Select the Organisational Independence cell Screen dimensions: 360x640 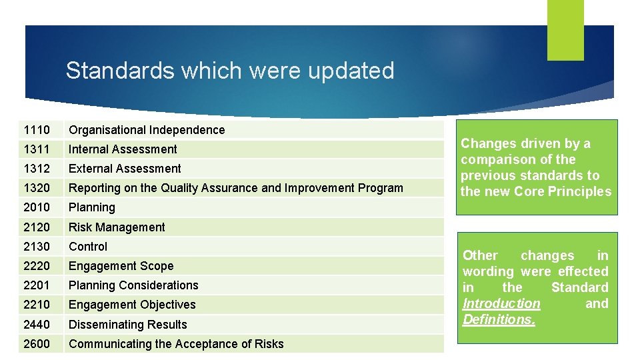point(147,130)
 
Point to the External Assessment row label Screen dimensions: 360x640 point(125,169)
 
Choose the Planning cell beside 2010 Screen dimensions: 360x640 point(92,207)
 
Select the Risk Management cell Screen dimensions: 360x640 point(117,227)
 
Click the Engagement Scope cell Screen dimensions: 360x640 point(121,266)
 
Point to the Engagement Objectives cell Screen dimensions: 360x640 point(132,305)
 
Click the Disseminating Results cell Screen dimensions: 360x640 point(128,325)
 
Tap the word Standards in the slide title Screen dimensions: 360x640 point(116,71)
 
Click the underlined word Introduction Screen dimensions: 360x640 point(501,303)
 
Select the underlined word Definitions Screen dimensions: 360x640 point(499,319)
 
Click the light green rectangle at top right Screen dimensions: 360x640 point(565,29)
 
